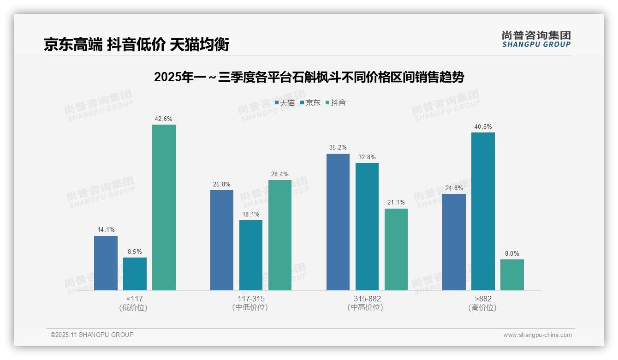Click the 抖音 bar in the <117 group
pyautogui.click(x=164, y=207)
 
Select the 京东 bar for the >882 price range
pyautogui.click(x=483, y=211)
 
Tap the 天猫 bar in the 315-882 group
pyautogui.click(x=338, y=222)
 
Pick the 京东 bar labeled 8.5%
pyautogui.click(x=135, y=274)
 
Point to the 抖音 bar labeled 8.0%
pyautogui.click(x=512, y=275)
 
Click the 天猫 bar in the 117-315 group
pyautogui.click(x=222, y=240)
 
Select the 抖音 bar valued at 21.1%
pyautogui.click(x=396, y=249)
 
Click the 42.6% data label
pyautogui.click(x=164, y=119)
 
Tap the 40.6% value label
pyautogui.click(x=483, y=127)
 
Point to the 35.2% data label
pyautogui.click(x=338, y=148)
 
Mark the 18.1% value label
pyautogui.click(x=251, y=215)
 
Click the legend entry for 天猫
pyautogui.click(x=285, y=103)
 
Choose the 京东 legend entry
pyautogui.click(x=310, y=103)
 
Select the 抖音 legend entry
pyautogui.click(x=336, y=103)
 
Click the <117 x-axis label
pyautogui.click(x=134, y=299)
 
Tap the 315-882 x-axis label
pyautogui.click(x=367, y=299)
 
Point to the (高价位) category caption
pyautogui.click(x=482, y=307)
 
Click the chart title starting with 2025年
pyautogui.click(x=309, y=77)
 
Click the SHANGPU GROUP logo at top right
pyautogui.click(x=536, y=39)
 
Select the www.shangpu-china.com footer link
pyautogui.click(x=537, y=335)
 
